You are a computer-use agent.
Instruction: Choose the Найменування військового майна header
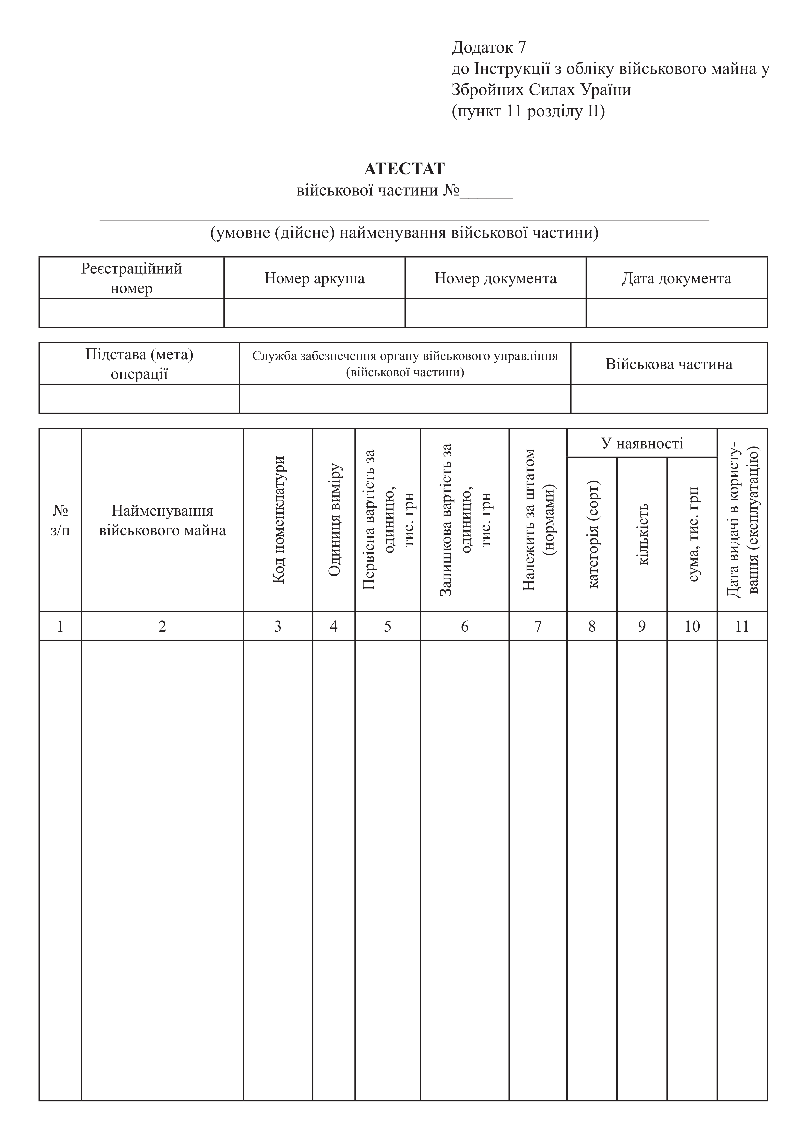162,520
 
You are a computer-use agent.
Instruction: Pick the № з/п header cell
60,520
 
